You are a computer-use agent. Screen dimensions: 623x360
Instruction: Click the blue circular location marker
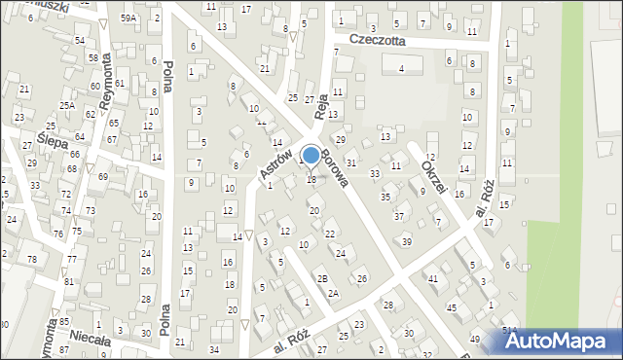pos(311,155)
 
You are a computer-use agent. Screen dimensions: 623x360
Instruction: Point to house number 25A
pos(67,105)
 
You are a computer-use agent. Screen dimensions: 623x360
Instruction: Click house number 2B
pos(321,278)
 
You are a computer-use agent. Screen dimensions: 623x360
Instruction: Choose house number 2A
pos(333,293)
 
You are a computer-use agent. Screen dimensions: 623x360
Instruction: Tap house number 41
pos(433,279)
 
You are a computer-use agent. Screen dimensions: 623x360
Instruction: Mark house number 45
pos(452,307)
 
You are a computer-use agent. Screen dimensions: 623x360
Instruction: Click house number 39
pos(407,241)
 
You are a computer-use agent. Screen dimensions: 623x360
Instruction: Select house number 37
pos(398,216)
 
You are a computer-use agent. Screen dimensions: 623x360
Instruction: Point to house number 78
pos(31,259)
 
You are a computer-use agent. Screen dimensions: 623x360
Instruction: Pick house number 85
pos(63,321)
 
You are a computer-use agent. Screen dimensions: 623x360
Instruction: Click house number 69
pos(102,176)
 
